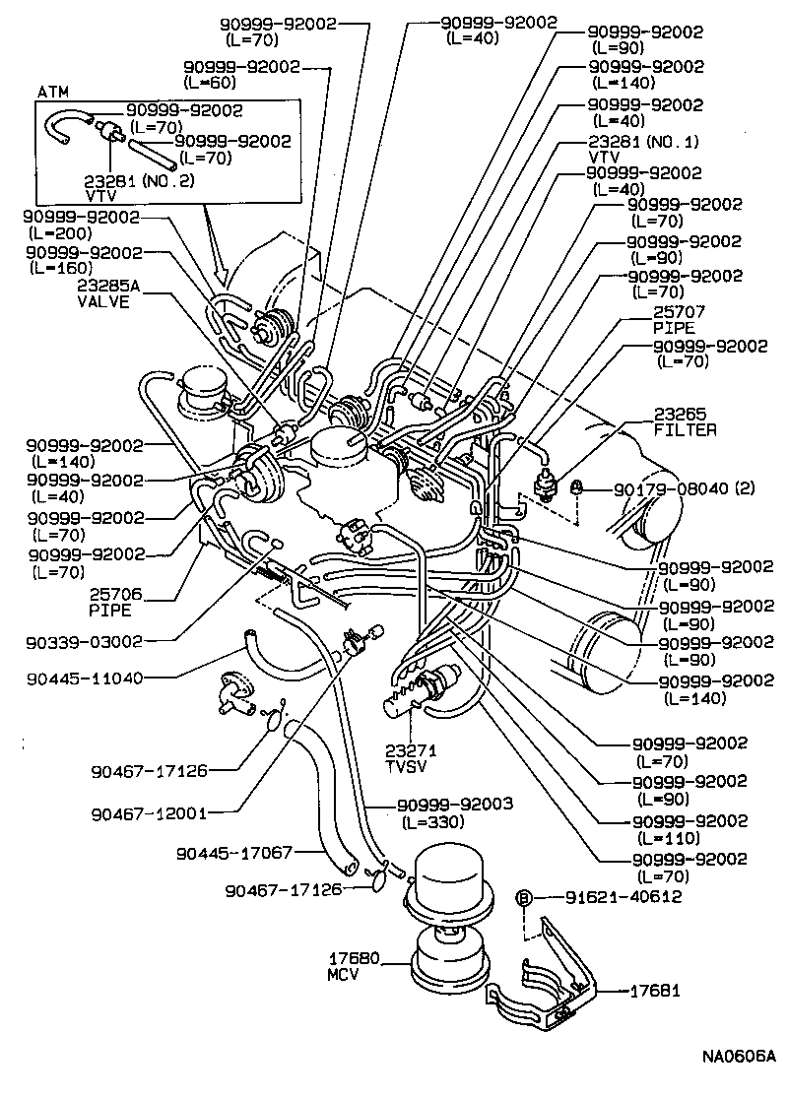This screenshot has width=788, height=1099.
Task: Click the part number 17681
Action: click(656, 991)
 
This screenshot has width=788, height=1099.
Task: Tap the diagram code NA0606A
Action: click(739, 1059)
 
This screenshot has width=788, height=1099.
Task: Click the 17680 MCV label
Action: click(350, 965)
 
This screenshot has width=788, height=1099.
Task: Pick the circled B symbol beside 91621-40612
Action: click(525, 897)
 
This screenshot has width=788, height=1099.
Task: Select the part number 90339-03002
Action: click(86, 640)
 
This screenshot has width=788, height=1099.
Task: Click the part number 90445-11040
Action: click(86, 678)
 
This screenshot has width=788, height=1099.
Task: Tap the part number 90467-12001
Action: click(149, 813)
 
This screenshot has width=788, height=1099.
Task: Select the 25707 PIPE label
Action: click(674, 319)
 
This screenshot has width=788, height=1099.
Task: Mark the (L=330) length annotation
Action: click(429, 821)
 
